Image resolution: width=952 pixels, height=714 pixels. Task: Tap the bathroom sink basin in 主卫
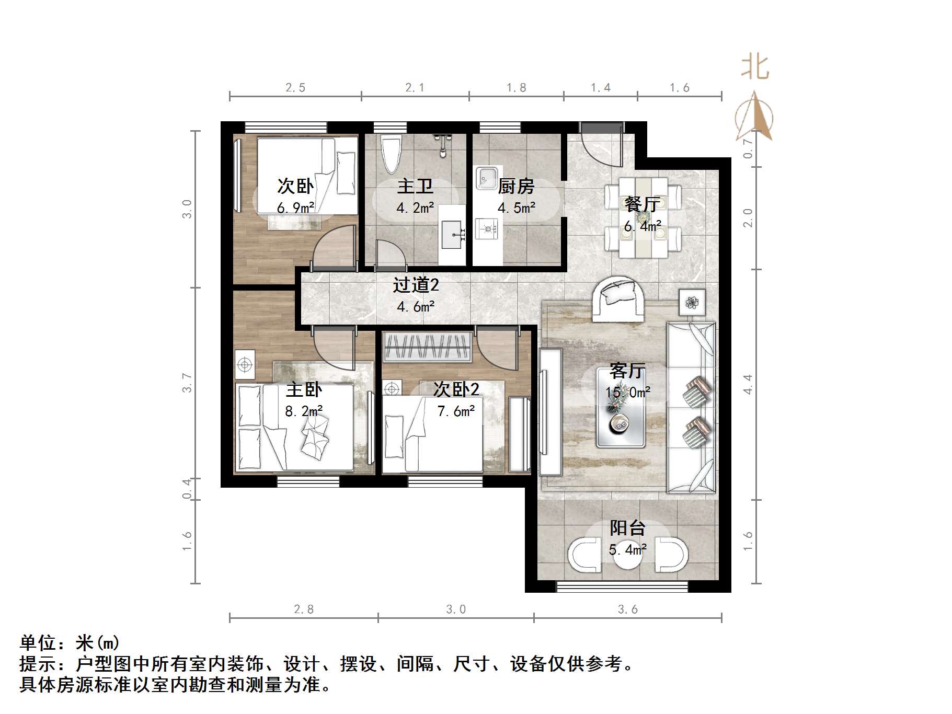[x=453, y=235]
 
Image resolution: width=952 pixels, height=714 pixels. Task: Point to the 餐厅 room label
[x=641, y=204]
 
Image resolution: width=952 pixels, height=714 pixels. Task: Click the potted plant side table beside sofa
[x=692, y=302]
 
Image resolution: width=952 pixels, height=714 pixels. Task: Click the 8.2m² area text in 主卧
[x=304, y=411]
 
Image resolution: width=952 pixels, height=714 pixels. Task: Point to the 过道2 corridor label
[x=416, y=285]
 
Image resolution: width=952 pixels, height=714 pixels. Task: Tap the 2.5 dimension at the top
[x=295, y=88]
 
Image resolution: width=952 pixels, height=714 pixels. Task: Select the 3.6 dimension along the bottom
[x=627, y=609]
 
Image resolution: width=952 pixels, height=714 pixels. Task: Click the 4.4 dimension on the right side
[x=748, y=384]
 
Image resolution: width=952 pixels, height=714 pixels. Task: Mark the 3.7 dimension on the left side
[x=187, y=383]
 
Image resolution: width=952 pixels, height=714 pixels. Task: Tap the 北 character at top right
[x=755, y=68]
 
